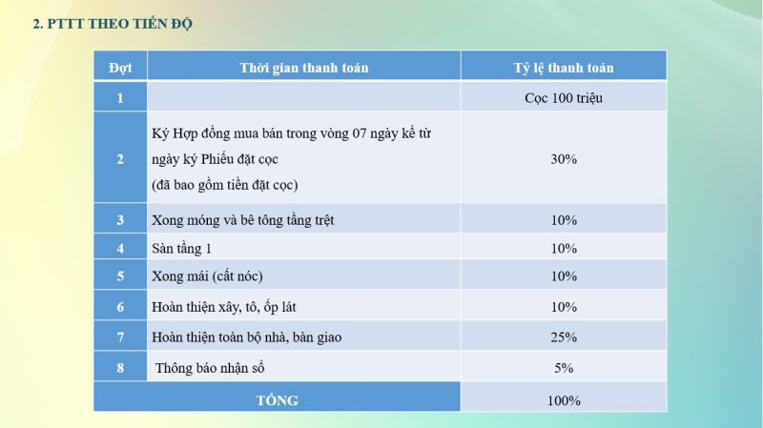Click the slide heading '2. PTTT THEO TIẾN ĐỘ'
click(x=113, y=24)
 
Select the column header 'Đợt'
click(x=120, y=68)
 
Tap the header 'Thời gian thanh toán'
click(x=303, y=68)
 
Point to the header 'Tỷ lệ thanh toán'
click(x=564, y=68)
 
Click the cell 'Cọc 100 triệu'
click(x=564, y=97)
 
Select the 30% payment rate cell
click(x=564, y=159)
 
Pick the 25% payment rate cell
click(x=564, y=337)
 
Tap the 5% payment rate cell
click(x=564, y=367)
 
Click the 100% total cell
click(x=564, y=400)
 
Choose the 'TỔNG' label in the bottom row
click(x=277, y=400)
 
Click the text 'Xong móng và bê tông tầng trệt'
click(x=242, y=220)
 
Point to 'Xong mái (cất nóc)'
click(x=207, y=276)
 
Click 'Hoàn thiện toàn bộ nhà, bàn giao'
click(x=246, y=337)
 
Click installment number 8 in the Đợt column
click(x=120, y=367)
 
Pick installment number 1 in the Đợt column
click(x=120, y=97)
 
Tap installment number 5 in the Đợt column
click(x=120, y=276)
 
